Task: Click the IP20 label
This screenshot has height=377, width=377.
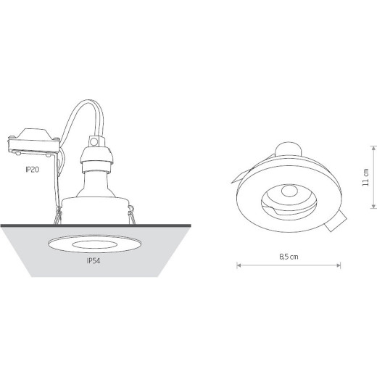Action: (x=33, y=170)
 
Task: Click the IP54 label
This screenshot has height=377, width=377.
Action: (x=94, y=261)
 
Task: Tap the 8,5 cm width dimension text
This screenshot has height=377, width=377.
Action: (x=289, y=257)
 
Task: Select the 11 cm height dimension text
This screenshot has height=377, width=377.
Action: (x=366, y=177)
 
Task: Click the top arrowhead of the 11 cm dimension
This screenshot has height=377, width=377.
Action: (x=373, y=148)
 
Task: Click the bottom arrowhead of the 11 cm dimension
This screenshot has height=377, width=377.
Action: (x=373, y=206)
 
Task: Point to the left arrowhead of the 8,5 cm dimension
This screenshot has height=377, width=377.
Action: (x=239, y=265)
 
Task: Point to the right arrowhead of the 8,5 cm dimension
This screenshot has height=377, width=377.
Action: (x=339, y=265)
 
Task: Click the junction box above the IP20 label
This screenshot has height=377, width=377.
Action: (x=34, y=142)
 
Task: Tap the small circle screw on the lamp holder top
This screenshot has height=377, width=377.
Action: (x=94, y=141)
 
